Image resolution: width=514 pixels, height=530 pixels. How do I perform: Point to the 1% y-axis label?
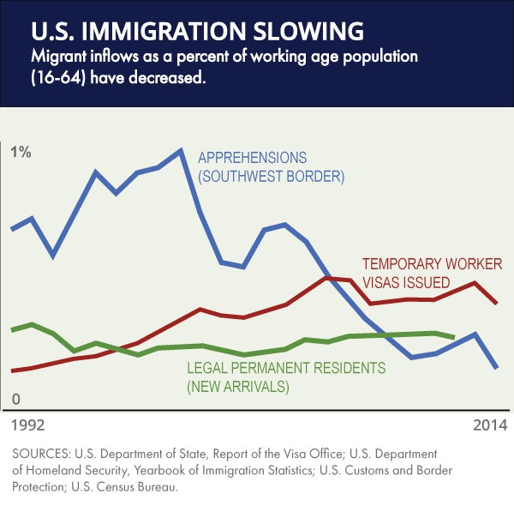pos(21,153)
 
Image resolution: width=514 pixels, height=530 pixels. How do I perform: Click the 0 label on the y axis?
pos(15,399)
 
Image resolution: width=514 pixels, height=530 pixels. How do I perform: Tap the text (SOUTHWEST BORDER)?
pos(270,178)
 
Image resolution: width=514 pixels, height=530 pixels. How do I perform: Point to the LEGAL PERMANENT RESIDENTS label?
pos(286,369)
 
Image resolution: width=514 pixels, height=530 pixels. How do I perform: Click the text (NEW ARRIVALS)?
pos(238,387)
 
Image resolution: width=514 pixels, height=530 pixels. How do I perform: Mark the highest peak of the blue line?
pos(181,151)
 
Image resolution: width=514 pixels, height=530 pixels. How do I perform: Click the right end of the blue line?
pos(497,367)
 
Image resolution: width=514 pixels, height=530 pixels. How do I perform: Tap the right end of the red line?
pos(497,303)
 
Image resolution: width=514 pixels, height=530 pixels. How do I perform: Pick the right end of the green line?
pos(453,337)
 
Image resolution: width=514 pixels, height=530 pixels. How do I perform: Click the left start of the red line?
pos(12,371)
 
